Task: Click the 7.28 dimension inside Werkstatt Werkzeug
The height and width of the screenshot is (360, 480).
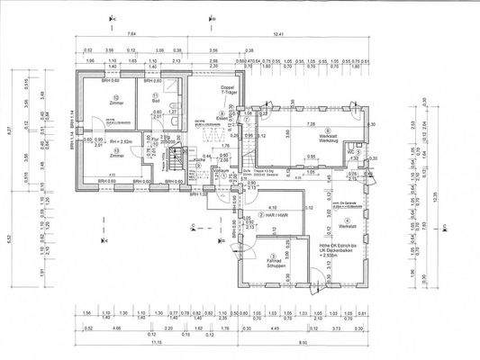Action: tap(311, 122)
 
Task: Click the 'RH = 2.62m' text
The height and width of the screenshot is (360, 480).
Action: tap(115, 141)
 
